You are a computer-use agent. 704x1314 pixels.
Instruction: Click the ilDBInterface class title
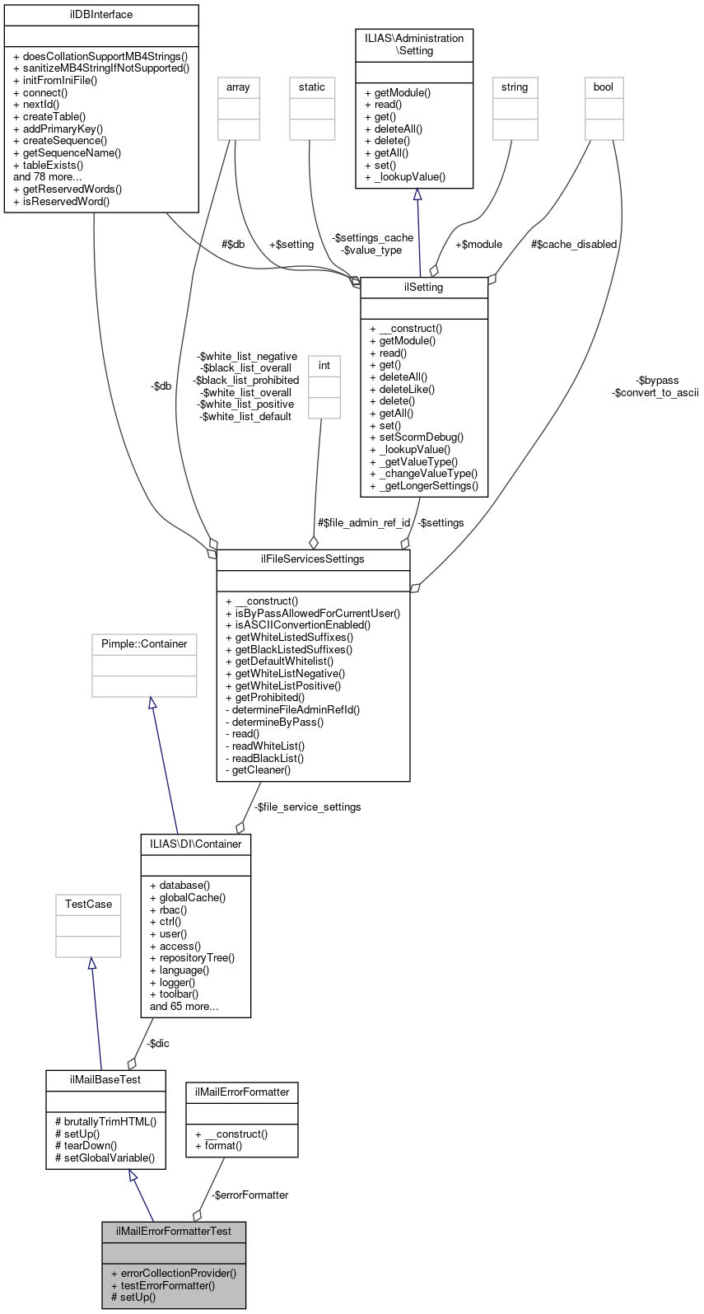(x=101, y=15)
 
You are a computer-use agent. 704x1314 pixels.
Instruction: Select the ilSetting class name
(x=424, y=288)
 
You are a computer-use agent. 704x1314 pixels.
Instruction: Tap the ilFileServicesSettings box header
(x=313, y=559)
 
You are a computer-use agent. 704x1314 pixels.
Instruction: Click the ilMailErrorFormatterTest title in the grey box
(x=174, y=1232)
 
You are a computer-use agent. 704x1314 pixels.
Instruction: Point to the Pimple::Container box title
(x=144, y=644)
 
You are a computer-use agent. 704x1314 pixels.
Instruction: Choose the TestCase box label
(x=88, y=905)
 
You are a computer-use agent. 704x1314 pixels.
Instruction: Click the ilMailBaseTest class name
(x=105, y=1080)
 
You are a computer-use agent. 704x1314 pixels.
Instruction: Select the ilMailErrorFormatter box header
(x=242, y=1092)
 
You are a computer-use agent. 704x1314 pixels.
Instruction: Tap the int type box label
(x=324, y=366)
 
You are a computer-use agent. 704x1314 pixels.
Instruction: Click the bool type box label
(x=604, y=87)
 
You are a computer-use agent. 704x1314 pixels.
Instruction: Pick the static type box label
(x=312, y=87)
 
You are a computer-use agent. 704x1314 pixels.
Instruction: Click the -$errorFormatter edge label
(x=249, y=1195)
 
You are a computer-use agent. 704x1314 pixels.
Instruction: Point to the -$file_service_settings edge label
(x=307, y=807)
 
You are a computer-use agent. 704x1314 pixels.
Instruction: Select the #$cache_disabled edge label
(x=574, y=245)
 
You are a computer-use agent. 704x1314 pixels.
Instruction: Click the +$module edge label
(x=478, y=245)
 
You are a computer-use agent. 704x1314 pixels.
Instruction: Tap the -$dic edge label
(x=157, y=1044)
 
